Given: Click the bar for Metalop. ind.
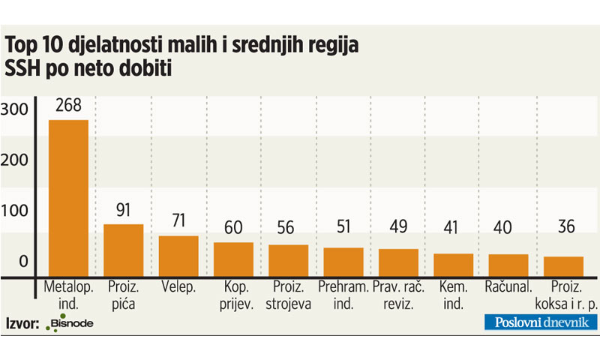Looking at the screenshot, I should coord(68,199).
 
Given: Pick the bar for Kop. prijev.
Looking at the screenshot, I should coord(233,259).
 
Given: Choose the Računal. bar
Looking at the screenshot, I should coord(508,265).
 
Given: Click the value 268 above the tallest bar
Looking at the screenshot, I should coord(68,106).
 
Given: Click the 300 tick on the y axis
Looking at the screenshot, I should coord(17,109).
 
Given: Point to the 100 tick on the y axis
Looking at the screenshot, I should coord(17,211).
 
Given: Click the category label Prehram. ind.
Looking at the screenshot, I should coord(343,294).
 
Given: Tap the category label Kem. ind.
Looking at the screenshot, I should coord(453,294).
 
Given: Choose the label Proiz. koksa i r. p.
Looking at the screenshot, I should coord(563,294).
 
